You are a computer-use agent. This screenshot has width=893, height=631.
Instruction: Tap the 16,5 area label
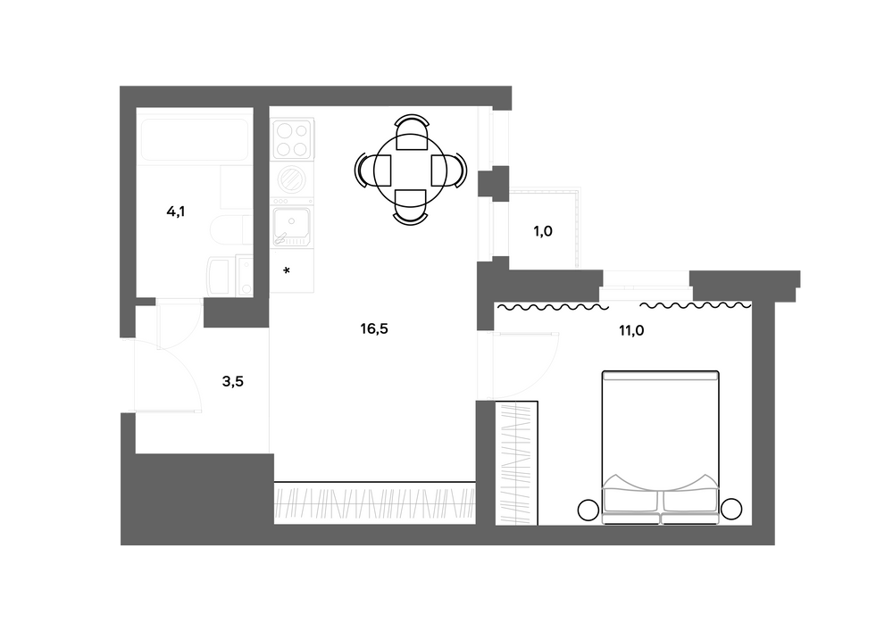375,328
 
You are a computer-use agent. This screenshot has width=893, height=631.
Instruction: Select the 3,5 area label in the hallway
232,381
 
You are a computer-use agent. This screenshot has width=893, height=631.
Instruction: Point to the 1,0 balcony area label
543,231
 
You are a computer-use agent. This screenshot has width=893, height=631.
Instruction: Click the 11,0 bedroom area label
631,329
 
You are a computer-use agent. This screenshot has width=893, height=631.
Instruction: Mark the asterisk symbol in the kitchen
287,270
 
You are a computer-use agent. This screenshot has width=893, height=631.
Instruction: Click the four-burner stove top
291,138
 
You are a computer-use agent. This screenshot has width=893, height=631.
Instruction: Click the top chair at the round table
411,132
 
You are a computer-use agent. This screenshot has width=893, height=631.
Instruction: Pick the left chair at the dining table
371,168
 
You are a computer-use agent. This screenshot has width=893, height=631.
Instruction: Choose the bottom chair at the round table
411,206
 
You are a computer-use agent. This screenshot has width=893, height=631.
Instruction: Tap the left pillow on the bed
631,500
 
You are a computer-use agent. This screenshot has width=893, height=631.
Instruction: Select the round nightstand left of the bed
588,510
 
